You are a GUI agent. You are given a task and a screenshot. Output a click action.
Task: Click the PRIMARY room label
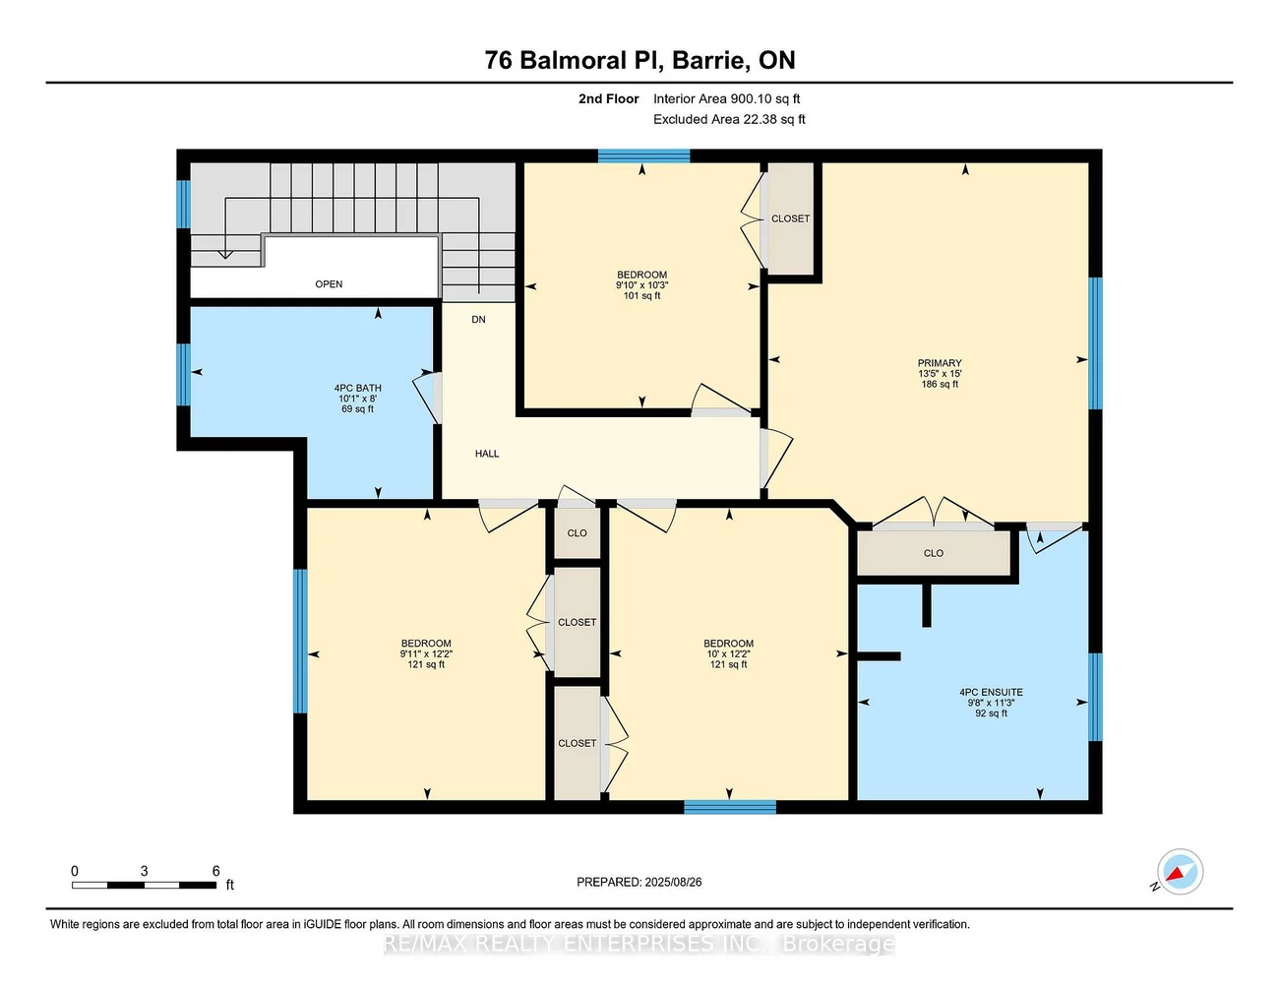[x=939, y=363]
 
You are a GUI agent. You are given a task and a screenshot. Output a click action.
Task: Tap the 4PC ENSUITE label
[x=991, y=692]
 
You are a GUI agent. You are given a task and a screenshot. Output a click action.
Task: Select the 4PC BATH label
[x=357, y=388]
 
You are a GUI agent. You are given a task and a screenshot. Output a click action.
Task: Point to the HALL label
[x=487, y=454]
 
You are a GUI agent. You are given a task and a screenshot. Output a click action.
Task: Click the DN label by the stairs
[x=478, y=320]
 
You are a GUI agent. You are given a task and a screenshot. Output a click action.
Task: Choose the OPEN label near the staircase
[x=329, y=284]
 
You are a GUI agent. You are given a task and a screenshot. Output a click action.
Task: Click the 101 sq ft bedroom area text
[x=641, y=296]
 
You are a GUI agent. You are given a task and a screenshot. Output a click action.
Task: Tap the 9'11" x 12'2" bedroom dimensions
[x=426, y=654]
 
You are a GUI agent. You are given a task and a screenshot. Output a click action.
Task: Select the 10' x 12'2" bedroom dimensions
[x=728, y=654]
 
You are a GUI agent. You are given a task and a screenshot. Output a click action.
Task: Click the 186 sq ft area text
[x=939, y=385]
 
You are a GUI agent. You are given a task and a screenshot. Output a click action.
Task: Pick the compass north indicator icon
[x=1179, y=872]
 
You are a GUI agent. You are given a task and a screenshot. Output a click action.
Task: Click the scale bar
[x=144, y=886]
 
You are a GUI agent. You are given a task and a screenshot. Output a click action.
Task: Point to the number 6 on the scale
[x=216, y=871]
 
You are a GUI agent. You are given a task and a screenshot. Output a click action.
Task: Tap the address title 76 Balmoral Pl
[x=639, y=60]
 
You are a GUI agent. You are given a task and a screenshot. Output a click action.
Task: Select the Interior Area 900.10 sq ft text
[x=726, y=98]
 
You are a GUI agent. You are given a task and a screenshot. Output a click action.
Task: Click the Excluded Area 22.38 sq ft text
[x=729, y=119]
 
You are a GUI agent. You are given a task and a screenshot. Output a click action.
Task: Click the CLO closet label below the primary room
[x=934, y=553]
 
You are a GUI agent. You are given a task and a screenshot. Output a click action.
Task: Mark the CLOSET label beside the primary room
[x=790, y=218]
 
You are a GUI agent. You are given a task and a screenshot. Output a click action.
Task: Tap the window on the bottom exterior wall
[x=730, y=808]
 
